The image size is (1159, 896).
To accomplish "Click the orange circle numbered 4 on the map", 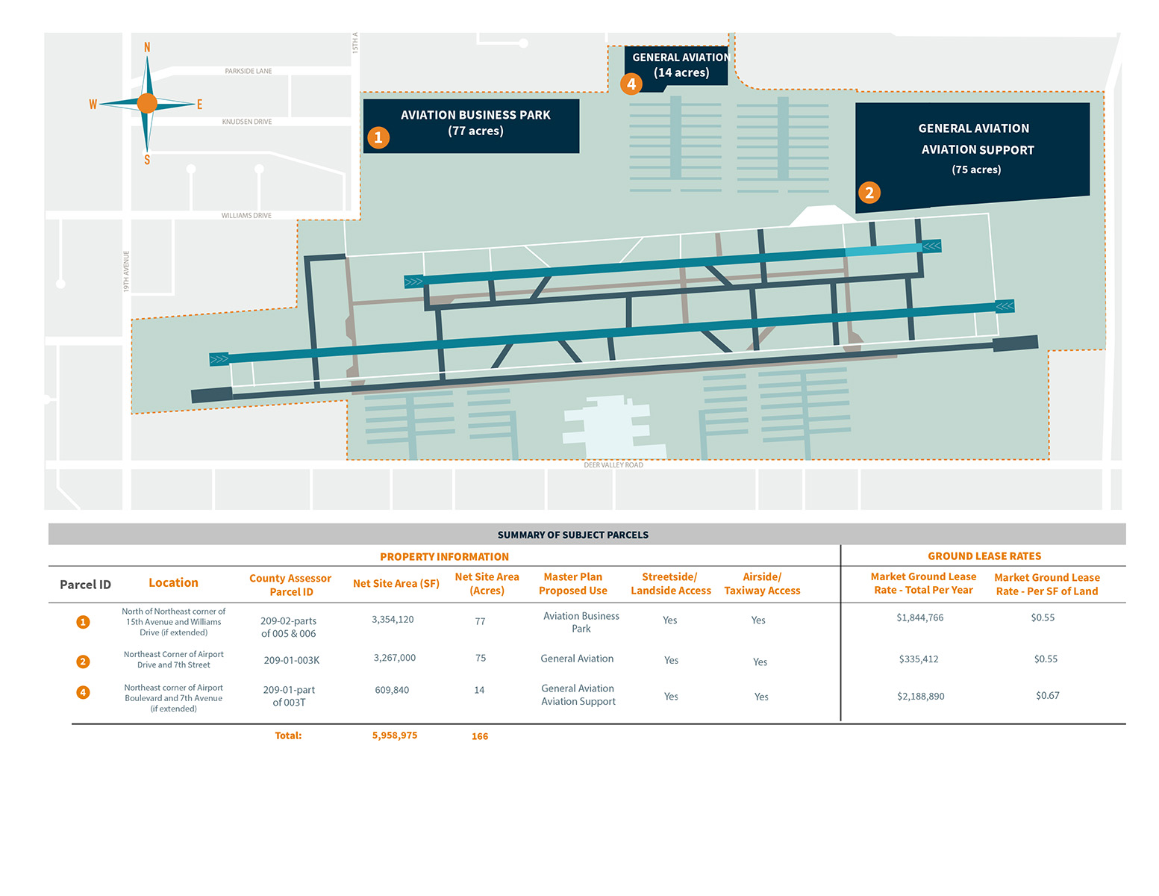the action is click(x=631, y=84).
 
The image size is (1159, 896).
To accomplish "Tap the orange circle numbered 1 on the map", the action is click(x=378, y=137).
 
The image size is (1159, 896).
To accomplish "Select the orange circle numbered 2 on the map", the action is click(x=869, y=193).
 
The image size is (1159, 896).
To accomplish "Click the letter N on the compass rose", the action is click(x=147, y=48).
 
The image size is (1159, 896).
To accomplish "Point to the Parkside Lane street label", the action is click(x=248, y=71).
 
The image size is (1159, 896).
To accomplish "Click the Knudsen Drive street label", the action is click(x=247, y=122).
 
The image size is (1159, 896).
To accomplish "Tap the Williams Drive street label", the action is click(x=246, y=216).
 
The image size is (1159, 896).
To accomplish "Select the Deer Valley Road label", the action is click(x=613, y=465).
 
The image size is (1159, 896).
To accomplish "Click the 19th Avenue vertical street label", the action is click(x=126, y=272).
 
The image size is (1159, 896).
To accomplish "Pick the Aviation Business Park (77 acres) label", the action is click(x=475, y=122).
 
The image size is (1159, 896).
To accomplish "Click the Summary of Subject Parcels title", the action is click(x=573, y=535).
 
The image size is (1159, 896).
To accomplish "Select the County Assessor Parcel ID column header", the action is click(x=290, y=585).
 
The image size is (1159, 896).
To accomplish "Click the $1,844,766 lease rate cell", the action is click(x=919, y=617).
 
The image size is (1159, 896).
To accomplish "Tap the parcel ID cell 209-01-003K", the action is click(x=291, y=660).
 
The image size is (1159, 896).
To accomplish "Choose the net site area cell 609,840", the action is click(x=392, y=690).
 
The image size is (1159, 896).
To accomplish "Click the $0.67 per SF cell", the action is click(x=1048, y=695).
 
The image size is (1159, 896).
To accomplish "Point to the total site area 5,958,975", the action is click(x=394, y=735).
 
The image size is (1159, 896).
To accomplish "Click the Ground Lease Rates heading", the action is click(x=984, y=556).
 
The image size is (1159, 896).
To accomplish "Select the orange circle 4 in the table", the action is click(x=83, y=692).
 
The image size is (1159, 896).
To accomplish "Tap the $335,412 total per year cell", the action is click(x=919, y=659).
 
